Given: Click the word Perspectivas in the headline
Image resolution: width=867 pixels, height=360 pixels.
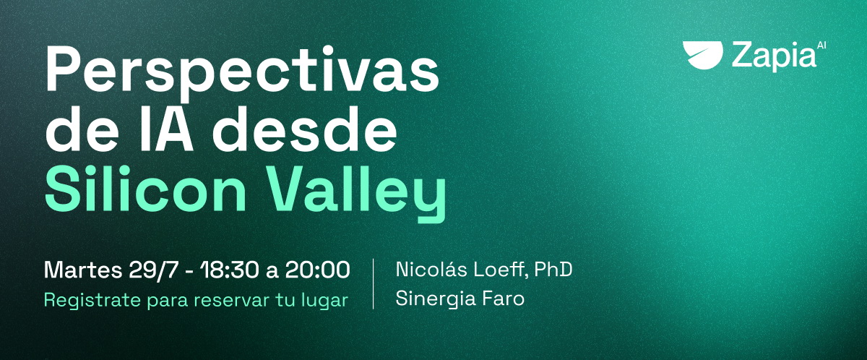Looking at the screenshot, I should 242,71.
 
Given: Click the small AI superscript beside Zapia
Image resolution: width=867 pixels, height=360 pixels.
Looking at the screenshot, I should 821,45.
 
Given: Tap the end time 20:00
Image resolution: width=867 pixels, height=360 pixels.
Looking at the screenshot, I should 318,270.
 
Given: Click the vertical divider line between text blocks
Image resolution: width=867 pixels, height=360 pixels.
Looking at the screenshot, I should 373,284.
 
